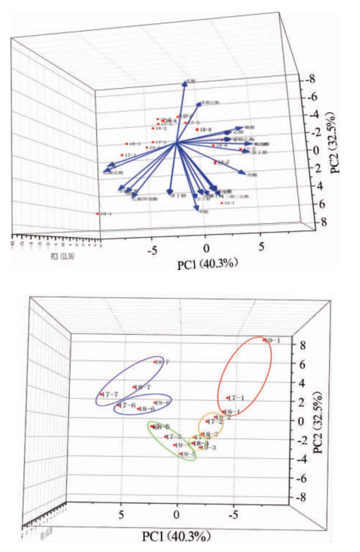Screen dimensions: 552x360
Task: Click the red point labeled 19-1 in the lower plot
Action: [264, 340]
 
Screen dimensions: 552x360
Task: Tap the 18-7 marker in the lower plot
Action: [135, 387]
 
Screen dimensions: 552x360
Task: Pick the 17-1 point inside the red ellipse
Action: [228, 398]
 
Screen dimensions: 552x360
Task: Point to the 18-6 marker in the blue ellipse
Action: [139, 409]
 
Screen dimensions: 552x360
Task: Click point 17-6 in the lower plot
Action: [119, 405]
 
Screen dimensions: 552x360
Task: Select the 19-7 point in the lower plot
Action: [156, 362]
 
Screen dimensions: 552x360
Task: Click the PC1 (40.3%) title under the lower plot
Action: [177, 537]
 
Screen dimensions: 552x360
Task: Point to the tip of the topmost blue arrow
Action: [185, 82]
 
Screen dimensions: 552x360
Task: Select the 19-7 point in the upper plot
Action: [222, 203]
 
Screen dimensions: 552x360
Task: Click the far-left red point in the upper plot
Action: [98, 214]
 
